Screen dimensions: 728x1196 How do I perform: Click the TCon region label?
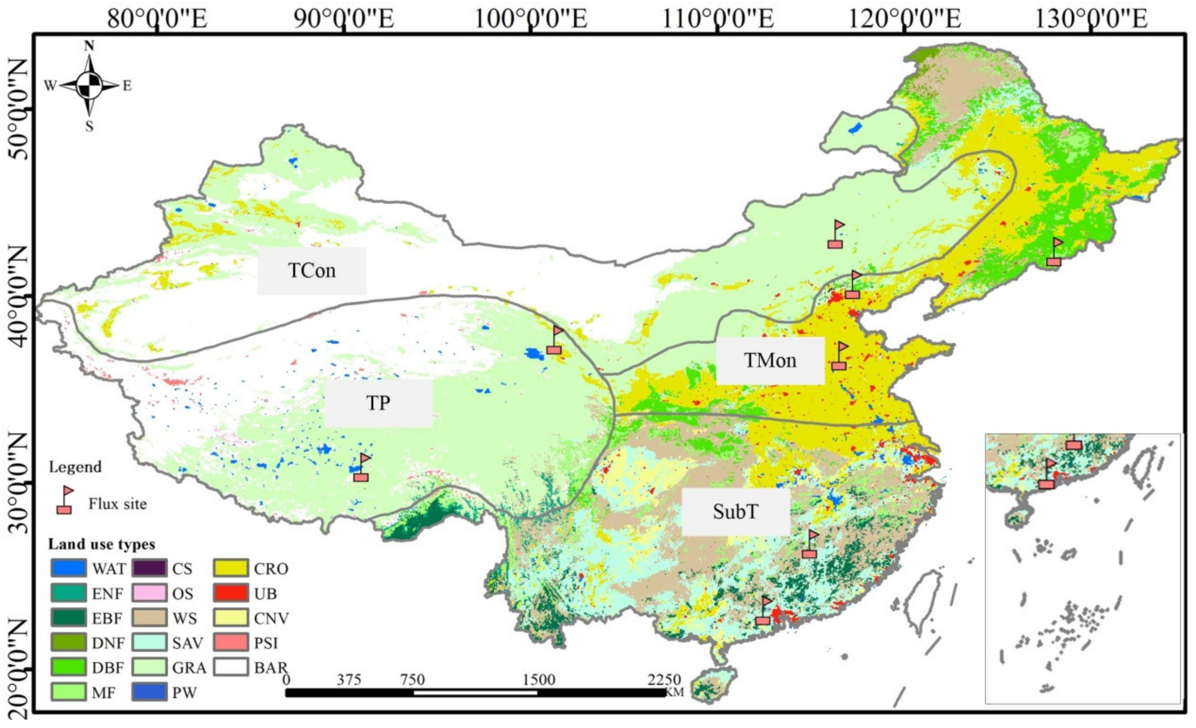pyautogui.click(x=312, y=270)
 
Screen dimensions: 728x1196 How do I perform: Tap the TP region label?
pyautogui.click(x=378, y=403)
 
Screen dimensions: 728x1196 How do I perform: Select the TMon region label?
pyautogui.click(x=770, y=360)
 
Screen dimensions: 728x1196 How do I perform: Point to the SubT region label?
pyautogui.click(x=735, y=511)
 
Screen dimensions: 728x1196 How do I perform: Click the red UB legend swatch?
pyautogui.click(x=232, y=593)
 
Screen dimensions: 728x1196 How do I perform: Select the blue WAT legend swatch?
pyautogui.click(x=68, y=568)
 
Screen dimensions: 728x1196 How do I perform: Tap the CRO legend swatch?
pyautogui.click(x=232, y=568)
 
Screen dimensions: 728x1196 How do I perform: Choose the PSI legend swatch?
pyautogui.click(x=232, y=643)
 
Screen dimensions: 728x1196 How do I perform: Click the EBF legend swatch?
pyautogui.click(x=68, y=618)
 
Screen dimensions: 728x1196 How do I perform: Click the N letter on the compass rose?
pyautogui.click(x=89, y=46)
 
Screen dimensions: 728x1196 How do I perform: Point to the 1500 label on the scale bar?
pyautogui.click(x=539, y=679)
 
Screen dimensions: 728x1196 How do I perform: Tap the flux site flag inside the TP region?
pyautogui.click(x=362, y=468)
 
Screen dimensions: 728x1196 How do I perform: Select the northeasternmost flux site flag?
pyautogui.click(x=1054, y=252)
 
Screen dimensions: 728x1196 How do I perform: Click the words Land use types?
pyautogui.click(x=102, y=544)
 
